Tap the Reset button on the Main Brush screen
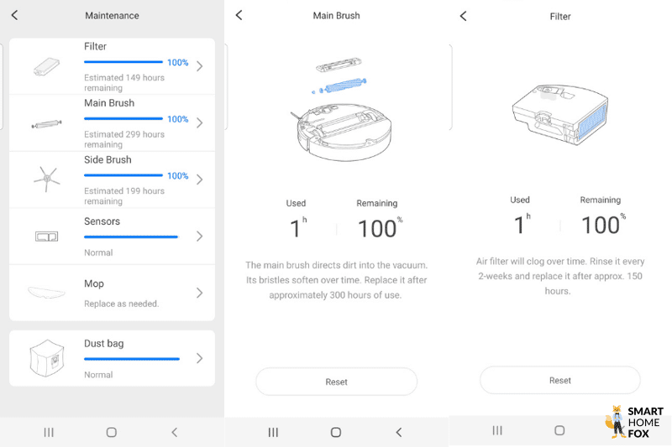pyautogui.click(x=336, y=382)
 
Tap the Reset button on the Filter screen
pyautogui.click(x=559, y=380)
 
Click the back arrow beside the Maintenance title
pyautogui.click(x=14, y=15)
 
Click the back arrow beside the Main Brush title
pyautogui.click(x=239, y=15)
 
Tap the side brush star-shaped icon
pyautogui.click(x=46, y=178)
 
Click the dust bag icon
pyautogui.click(x=47, y=358)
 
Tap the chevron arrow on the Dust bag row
pyautogui.click(x=199, y=358)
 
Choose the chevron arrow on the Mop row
pyautogui.click(x=199, y=293)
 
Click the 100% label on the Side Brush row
pyautogui.click(x=177, y=176)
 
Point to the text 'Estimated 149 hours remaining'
pyautogui.click(x=123, y=82)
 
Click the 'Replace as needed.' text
pyautogui.click(x=121, y=304)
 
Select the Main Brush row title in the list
pyautogui.click(x=109, y=103)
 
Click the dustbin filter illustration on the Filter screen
pyautogui.click(x=559, y=113)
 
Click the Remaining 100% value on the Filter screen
pyautogui.click(x=600, y=225)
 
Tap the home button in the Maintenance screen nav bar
pyautogui.click(x=111, y=432)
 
